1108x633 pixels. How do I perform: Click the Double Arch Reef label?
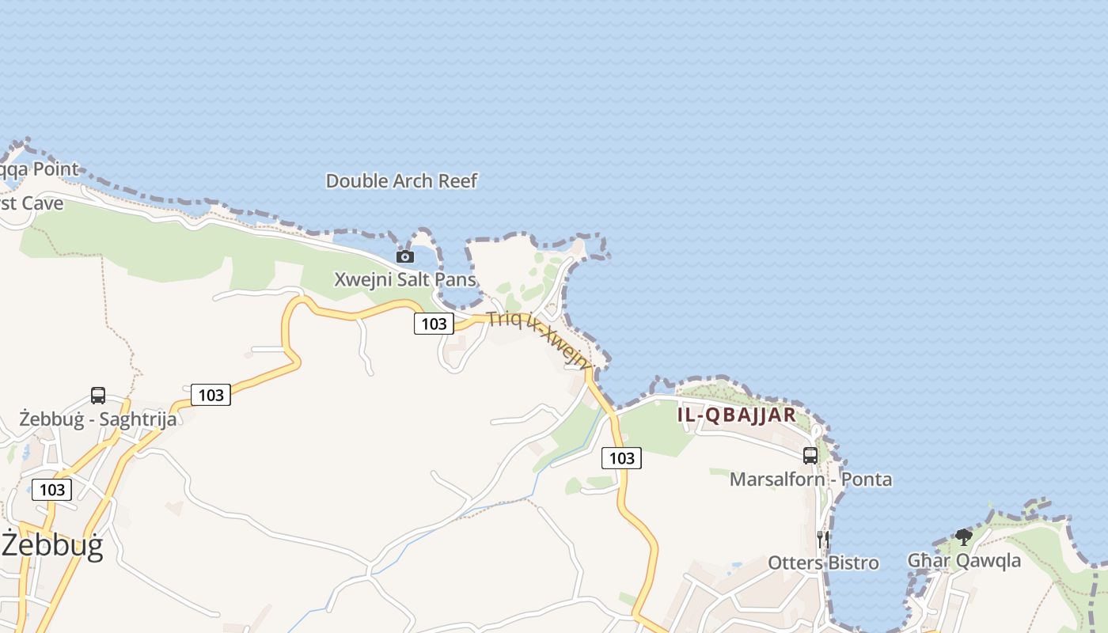401,181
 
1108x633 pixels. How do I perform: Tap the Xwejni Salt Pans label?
405,279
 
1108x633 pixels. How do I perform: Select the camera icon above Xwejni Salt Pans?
404,256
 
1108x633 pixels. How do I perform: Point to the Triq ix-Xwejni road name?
539,339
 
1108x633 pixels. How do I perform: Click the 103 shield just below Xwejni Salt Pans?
434,323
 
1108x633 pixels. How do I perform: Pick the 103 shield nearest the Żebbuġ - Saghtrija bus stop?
211,395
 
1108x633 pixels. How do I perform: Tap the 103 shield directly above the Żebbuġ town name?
52,490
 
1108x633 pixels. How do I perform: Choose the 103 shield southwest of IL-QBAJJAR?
621,458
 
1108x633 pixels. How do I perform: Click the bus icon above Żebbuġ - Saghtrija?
98,396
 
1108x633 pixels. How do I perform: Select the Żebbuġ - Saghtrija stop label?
98,419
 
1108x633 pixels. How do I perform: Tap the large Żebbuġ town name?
52,546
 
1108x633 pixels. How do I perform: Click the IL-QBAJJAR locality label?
736,415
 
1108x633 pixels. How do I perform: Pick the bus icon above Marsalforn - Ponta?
810,456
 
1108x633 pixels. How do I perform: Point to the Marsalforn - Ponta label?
810,479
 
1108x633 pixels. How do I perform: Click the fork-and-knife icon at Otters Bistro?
823,540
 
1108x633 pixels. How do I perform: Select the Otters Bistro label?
823,563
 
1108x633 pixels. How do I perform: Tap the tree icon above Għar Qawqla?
963,537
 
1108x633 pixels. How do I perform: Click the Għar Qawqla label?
963,561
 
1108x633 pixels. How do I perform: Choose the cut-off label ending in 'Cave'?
32,203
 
